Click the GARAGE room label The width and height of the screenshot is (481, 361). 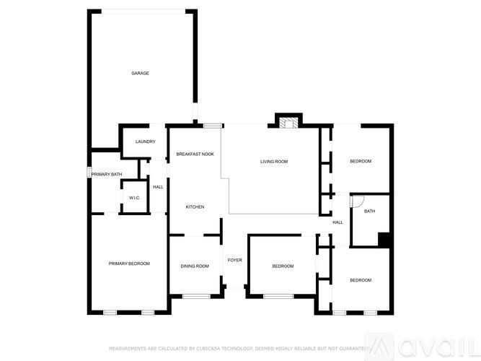[x=140, y=73]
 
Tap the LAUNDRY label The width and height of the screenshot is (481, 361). [x=145, y=142]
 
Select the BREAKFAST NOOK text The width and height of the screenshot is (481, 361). [x=195, y=154]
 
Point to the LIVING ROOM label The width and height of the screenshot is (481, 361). [x=274, y=161]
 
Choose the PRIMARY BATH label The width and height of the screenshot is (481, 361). [x=107, y=174]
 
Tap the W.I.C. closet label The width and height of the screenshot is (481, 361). [x=134, y=198]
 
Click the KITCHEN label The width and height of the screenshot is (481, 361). [x=195, y=207]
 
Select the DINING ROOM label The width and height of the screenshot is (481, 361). [x=195, y=266]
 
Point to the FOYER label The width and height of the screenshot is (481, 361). [x=234, y=260]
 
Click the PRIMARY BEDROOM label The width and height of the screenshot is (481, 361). [x=129, y=264]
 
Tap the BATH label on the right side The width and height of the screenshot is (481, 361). [x=369, y=212]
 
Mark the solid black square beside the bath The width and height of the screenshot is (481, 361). [x=384, y=240]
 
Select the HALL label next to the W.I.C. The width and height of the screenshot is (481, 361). [x=158, y=187]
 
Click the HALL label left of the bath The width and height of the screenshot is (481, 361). [x=337, y=222]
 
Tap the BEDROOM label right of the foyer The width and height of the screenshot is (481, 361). [x=283, y=266]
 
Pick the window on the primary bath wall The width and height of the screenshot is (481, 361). [x=89, y=173]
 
